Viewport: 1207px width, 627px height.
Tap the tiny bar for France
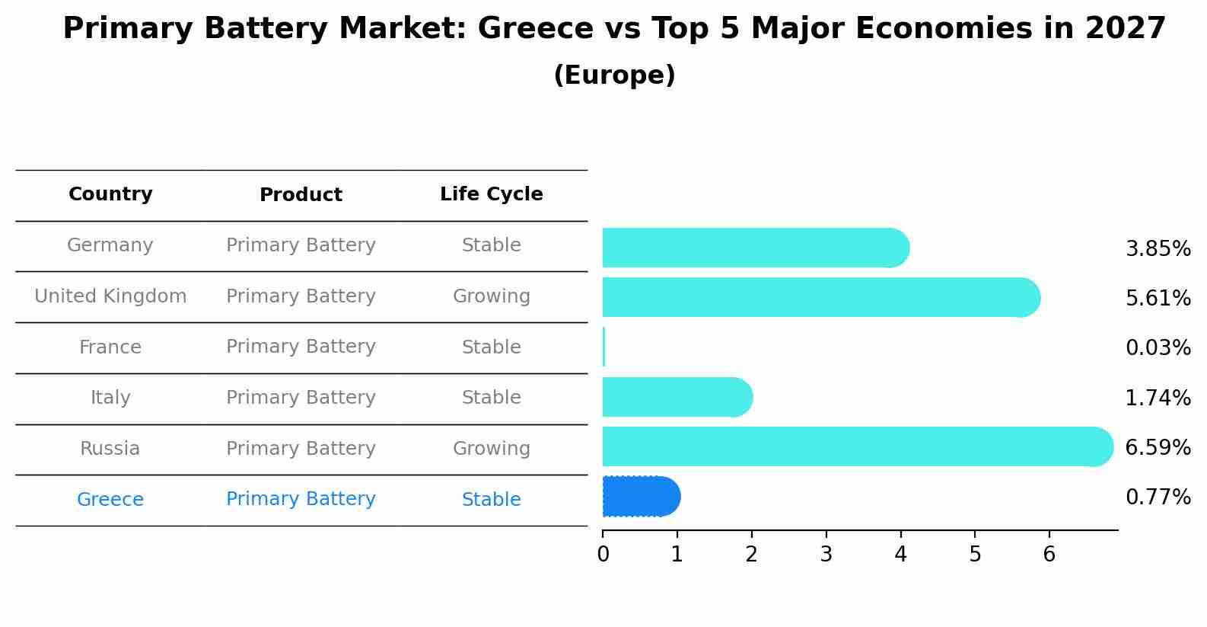[x=604, y=347]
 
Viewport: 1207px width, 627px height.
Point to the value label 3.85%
[x=1158, y=249]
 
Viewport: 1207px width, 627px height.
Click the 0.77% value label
[x=1158, y=497]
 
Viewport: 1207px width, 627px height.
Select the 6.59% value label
[x=1158, y=447]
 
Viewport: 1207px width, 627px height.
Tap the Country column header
[x=110, y=194]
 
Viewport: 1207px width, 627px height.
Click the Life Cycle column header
[x=491, y=194]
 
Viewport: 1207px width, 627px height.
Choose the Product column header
[x=301, y=195]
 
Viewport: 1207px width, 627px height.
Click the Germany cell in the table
[x=110, y=245]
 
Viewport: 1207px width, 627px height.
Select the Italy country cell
[x=110, y=398]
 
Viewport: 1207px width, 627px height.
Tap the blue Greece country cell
[x=110, y=500]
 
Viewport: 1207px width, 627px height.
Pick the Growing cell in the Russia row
[x=491, y=449]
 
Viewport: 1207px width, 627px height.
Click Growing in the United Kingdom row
[x=491, y=296]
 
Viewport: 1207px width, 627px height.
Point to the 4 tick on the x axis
[x=900, y=554]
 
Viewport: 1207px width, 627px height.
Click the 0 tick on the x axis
[x=603, y=554]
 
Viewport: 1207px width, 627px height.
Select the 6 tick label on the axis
[x=1049, y=554]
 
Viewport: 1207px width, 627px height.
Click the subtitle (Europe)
[x=614, y=75]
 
